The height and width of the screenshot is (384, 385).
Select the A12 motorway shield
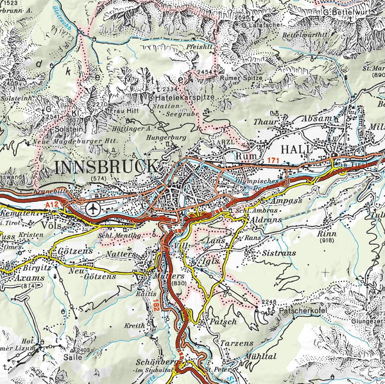pyautogui.click(x=55, y=204)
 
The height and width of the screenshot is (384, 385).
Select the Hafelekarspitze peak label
pyautogui.click(x=185, y=97)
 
